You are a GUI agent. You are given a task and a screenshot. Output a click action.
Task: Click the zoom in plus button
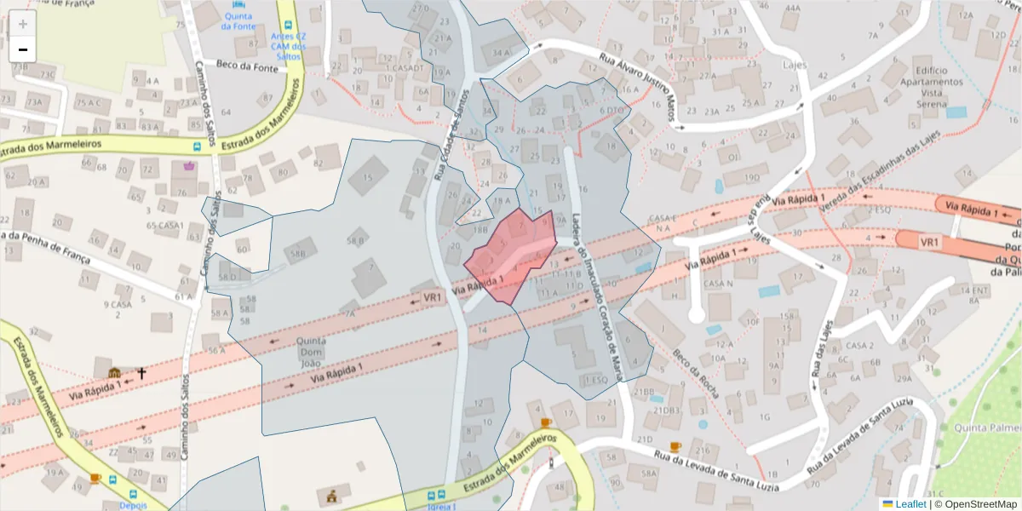(23, 24)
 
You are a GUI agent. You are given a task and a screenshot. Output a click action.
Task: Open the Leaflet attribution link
(910, 503)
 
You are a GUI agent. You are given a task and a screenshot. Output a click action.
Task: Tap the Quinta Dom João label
(312, 347)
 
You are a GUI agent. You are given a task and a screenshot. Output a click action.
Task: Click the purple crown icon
(188, 164)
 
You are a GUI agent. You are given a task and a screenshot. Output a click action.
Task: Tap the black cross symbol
(141, 372)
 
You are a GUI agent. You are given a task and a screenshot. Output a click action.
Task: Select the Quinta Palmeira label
(987, 427)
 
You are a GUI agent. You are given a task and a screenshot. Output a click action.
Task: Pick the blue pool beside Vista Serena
(956, 112)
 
